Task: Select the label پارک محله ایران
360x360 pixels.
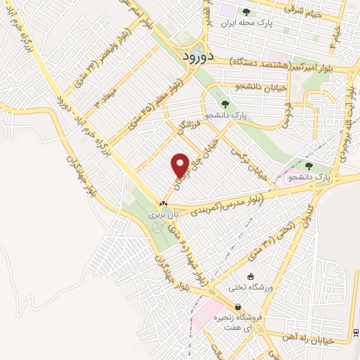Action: [x=246, y=22]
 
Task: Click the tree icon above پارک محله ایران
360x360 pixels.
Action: [x=246, y=11]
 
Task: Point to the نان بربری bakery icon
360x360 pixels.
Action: [x=163, y=204]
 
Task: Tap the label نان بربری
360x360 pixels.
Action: [x=162, y=215]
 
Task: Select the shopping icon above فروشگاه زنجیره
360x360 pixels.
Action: [x=240, y=307]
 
